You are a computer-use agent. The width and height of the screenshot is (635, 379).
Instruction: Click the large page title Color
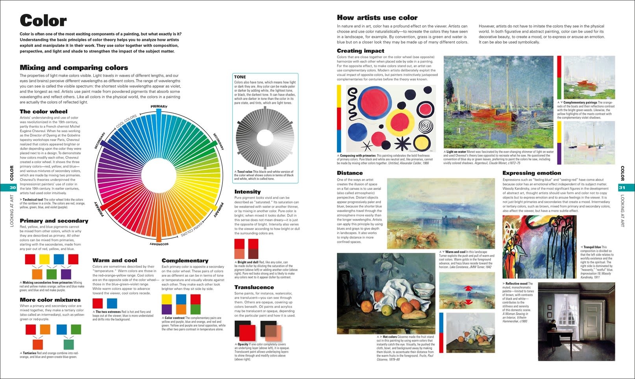(x=43, y=20)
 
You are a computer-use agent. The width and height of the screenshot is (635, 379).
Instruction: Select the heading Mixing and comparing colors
(x=74, y=68)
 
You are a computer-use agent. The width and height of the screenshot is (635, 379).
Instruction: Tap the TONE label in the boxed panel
(x=240, y=77)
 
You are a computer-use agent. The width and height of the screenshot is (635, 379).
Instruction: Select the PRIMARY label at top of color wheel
(x=159, y=107)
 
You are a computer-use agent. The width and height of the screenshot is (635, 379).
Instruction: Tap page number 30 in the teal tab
(x=13, y=188)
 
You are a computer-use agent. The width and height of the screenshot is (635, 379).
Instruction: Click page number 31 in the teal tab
(x=622, y=188)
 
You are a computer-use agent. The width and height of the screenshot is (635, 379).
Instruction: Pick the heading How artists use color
(x=377, y=18)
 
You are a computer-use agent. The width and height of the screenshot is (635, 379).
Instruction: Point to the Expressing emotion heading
(x=531, y=173)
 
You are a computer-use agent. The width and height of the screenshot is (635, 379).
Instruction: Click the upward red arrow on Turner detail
(x=468, y=288)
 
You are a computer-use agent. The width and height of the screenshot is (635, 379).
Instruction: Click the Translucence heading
(x=254, y=287)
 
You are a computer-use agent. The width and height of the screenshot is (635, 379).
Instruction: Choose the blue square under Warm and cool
(x=112, y=304)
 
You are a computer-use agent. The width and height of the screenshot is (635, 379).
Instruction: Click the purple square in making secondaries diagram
(x=66, y=274)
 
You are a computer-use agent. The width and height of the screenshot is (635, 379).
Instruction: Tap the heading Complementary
(x=185, y=261)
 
